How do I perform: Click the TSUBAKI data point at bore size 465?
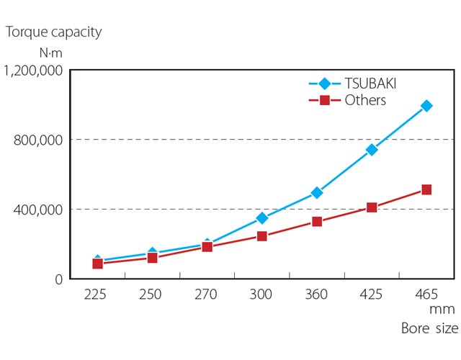point(426,106)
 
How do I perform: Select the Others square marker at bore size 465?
point(426,190)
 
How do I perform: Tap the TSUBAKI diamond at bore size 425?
point(372,150)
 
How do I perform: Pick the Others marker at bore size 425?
point(372,207)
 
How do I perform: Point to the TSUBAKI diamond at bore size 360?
point(317,193)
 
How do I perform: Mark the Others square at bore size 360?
point(317,222)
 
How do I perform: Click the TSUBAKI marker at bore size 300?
point(262,218)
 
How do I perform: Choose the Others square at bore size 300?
point(262,236)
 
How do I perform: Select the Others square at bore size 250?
point(153,257)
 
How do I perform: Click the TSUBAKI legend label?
point(370,83)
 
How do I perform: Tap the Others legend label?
point(365,100)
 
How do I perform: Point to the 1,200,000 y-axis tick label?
point(34,71)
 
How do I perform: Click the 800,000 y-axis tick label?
point(39,140)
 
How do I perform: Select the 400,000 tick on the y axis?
point(39,210)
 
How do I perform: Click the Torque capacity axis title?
point(54,32)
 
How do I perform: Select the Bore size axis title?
point(429,329)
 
